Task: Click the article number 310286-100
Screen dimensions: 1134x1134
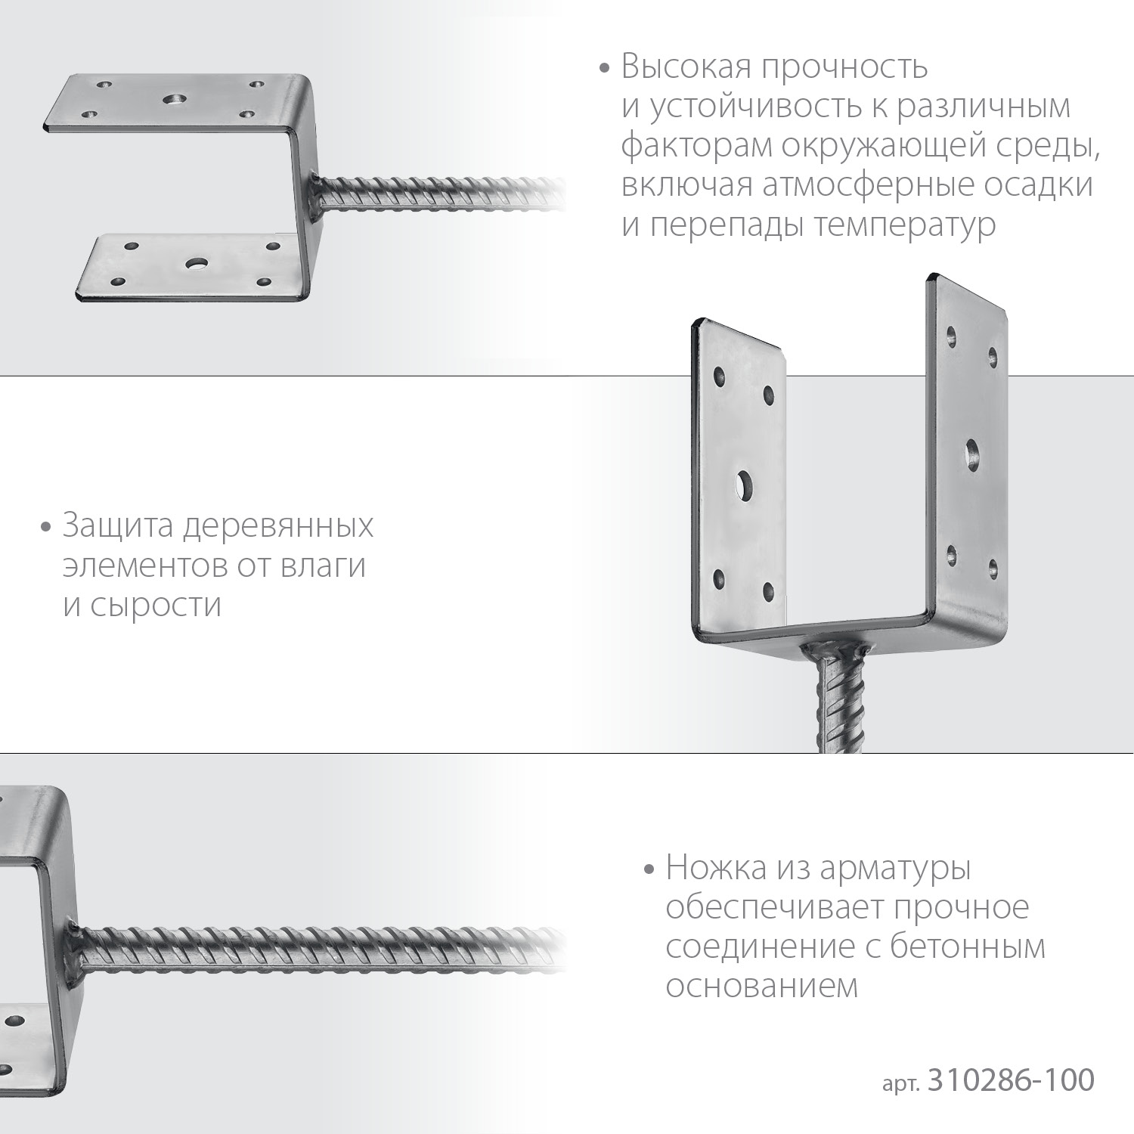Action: (1010, 1080)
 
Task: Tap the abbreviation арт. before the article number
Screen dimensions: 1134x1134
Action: (900, 1083)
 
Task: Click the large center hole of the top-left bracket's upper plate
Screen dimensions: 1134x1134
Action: (175, 99)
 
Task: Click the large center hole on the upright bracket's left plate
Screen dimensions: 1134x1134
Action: (744, 485)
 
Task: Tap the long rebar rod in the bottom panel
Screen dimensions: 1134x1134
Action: (318, 947)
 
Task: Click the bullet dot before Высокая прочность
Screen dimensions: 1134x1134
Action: (603, 69)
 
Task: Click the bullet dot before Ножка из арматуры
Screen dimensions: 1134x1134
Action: (648, 869)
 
